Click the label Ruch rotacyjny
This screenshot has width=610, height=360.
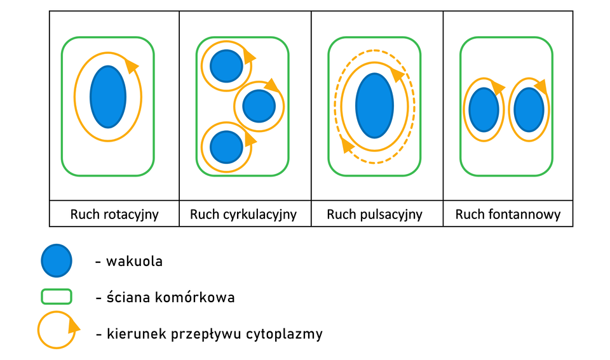pos(114,215)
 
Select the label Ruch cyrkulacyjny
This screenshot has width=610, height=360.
pos(243,215)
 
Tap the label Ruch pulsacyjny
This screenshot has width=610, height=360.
pos(374,215)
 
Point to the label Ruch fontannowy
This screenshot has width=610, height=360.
pos(508,215)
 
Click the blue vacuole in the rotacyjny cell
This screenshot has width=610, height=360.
pos(108,97)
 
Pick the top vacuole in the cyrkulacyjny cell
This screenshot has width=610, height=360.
pos(226,66)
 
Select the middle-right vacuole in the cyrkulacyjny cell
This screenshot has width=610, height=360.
pos(259,105)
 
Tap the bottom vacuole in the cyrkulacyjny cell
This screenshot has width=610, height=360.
pos(226,147)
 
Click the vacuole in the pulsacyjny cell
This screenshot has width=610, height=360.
pos(375,105)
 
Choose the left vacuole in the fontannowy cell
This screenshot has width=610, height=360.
pos(484,110)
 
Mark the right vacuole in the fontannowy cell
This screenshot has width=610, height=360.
pos(529,110)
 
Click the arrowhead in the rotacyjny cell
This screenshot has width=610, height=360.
pos(132,64)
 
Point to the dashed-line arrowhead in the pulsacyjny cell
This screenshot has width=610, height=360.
pos(346,146)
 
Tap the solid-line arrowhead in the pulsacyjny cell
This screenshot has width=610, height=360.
pos(398,74)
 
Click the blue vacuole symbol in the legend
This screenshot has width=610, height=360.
pos(57,261)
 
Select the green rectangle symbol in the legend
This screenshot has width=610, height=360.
pos(57,297)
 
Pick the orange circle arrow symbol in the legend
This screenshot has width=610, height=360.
pos(57,330)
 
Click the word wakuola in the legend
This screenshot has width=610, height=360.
pos(134,261)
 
